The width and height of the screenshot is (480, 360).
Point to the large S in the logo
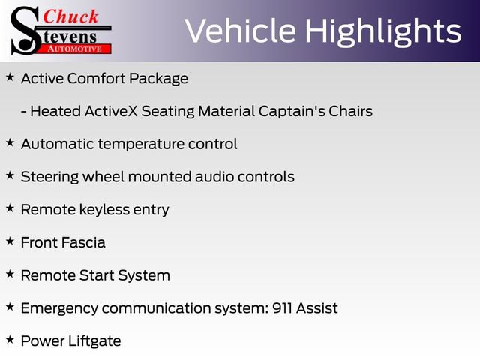point(24,30)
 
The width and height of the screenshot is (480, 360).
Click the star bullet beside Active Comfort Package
point(10,77)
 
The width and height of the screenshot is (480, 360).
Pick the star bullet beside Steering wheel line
point(10,176)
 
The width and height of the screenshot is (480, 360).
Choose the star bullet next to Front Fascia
point(10,241)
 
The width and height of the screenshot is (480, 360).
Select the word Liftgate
point(93,340)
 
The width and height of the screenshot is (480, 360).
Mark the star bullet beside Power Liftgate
point(10,340)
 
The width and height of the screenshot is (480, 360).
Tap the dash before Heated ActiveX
point(24,112)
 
